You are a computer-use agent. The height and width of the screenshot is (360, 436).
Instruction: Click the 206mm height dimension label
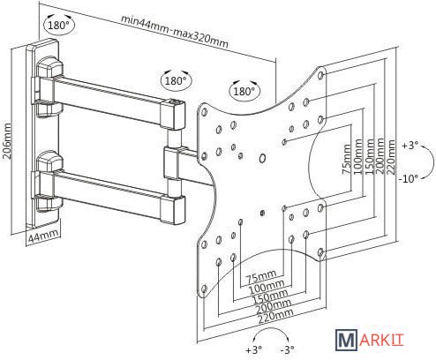tap(7, 141)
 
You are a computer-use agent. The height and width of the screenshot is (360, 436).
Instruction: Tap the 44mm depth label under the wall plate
tap(43, 236)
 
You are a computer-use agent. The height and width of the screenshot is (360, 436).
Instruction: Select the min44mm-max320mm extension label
tap(175, 32)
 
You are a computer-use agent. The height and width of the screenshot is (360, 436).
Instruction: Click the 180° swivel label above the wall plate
tap(58, 26)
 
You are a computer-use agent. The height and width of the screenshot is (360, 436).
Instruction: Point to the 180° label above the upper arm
tap(176, 80)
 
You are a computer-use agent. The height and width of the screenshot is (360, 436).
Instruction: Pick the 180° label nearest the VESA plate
tap(244, 91)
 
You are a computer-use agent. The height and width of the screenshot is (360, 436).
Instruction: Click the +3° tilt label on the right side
tap(410, 145)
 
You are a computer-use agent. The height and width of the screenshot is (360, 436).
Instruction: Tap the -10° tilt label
tap(409, 178)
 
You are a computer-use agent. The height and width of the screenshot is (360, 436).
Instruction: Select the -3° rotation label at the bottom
tap(288, 349)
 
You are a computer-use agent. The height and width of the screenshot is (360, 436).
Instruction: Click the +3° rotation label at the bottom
tap(253, 349)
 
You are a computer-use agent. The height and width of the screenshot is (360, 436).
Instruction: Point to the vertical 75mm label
tap(347, 159)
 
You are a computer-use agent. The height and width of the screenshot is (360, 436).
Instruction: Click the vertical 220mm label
tap(391, 157)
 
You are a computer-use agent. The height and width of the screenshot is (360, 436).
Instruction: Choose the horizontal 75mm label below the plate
tap(261, 276)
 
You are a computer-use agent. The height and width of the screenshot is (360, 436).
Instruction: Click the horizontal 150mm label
tap(270, 296)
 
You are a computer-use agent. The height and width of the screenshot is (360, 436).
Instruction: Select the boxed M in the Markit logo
tap(346, 341)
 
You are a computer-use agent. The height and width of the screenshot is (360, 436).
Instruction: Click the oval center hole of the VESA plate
tap(262, 158)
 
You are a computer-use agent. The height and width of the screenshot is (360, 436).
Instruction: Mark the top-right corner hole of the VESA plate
tap(321, 74)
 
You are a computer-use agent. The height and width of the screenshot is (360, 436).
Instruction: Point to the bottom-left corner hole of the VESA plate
tap(205, 289)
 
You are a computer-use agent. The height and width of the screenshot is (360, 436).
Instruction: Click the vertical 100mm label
tap(357, 156)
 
